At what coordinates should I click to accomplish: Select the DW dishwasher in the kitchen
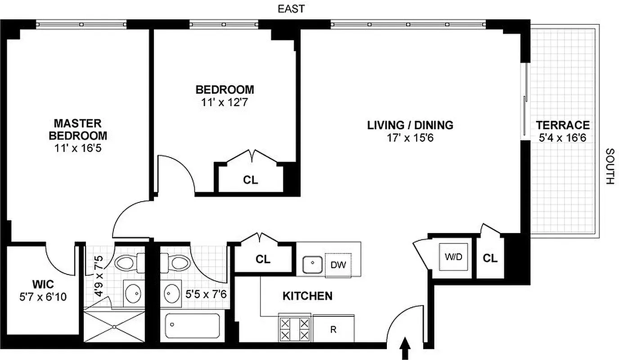point(338,265)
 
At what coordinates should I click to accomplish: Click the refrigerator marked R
point(333,329)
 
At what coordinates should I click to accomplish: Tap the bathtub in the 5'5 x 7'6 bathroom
point(193,326)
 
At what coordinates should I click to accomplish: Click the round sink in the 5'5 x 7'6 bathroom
point(171,293)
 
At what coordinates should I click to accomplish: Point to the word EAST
point(291,9)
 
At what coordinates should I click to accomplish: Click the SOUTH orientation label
point(609,166)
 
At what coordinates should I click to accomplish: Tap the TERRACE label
point(562,125)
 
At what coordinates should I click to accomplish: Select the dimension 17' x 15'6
point(410,138)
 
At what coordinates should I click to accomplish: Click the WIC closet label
point(43,284)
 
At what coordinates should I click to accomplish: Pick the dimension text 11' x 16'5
point(78,148)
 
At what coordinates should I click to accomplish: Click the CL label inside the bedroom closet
point(251,180)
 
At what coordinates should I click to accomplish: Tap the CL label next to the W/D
point(490,258)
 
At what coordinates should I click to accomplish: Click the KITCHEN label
point(307,296)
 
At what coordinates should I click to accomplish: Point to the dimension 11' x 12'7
point(224,102)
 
